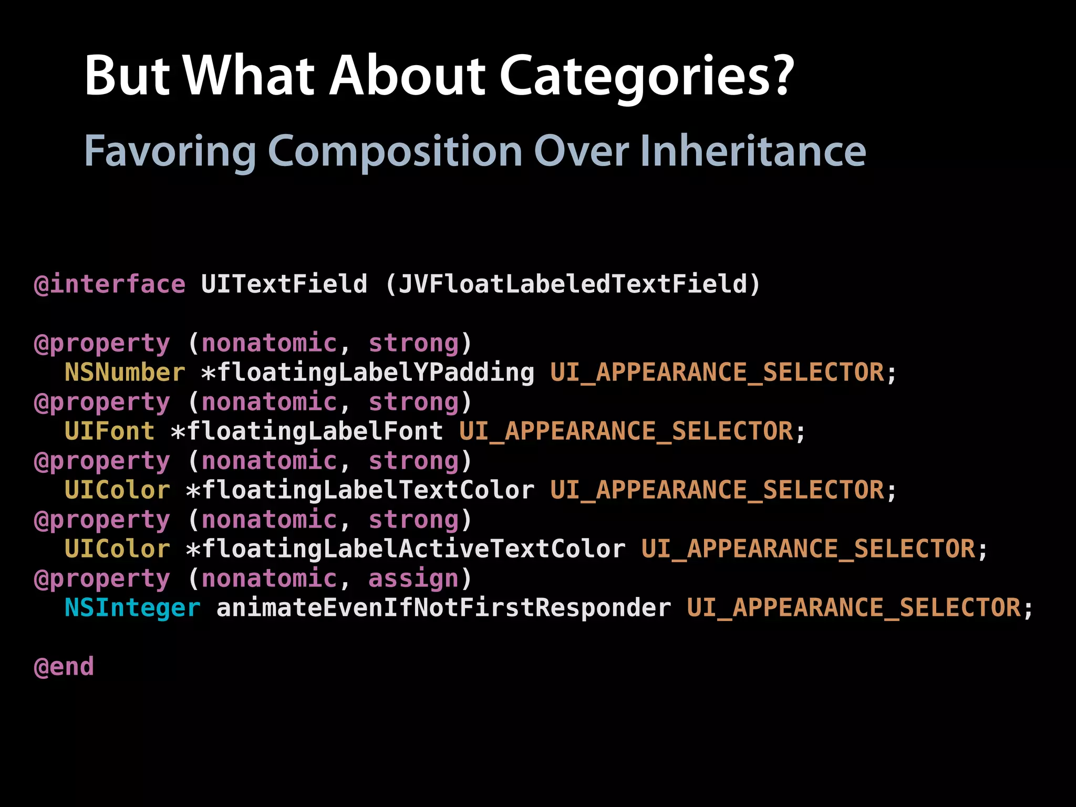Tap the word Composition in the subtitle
395,152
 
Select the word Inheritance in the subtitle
752,151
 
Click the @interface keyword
109,284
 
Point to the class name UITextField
284,284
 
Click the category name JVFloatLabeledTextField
573,284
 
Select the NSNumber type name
125,373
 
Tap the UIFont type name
109,431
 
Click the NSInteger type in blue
132,608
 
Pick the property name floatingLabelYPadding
376,373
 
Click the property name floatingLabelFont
315,431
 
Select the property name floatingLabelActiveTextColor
413,549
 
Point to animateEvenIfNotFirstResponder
443,608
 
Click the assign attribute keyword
413,578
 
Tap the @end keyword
64,667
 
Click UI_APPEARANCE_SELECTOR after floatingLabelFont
626,431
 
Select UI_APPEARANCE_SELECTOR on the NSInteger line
854,608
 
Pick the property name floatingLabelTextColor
368,490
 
